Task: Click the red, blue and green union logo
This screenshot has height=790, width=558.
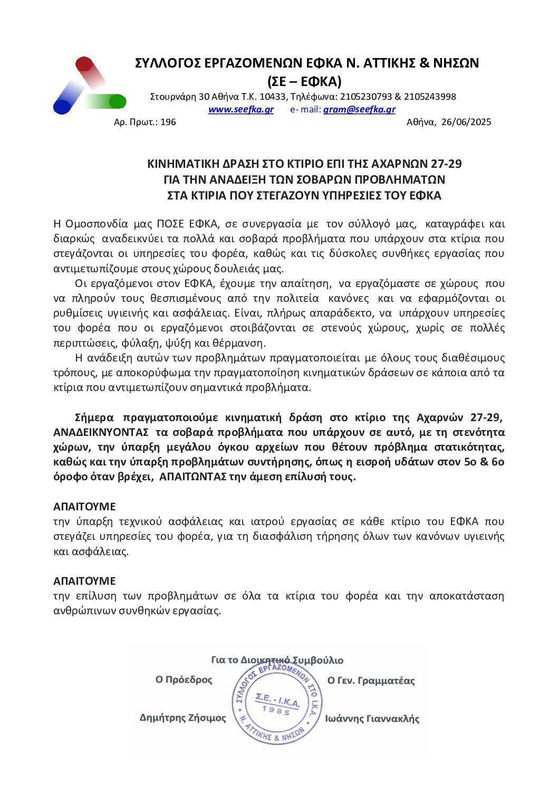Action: coord(89,86)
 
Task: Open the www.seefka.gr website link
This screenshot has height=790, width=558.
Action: coord(240,109)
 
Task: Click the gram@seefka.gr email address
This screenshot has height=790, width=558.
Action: coord(359,109)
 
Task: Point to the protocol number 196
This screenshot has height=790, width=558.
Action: coord(168,122)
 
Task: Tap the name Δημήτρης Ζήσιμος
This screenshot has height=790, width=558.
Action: coord(182,718)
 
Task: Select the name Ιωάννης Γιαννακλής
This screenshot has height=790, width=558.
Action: coord(372,718)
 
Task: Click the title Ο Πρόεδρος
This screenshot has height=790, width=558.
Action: coord(184,680)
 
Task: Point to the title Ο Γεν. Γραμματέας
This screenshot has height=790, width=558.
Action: coord(371,681)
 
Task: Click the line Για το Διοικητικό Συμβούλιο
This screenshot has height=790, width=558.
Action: coord(277,660)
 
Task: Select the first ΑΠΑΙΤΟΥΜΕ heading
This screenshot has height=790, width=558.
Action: coord(84,507)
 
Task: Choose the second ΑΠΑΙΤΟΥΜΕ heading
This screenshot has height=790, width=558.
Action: coord(84,581)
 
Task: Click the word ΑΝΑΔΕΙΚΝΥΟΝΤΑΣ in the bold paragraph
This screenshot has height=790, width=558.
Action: coord(101,432)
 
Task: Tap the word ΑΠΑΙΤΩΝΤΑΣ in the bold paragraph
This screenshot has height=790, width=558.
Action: coord(192,477)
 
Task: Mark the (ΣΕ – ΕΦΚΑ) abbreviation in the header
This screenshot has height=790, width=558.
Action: coord(304,81)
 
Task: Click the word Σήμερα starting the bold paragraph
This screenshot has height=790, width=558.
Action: coord(94,417)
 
